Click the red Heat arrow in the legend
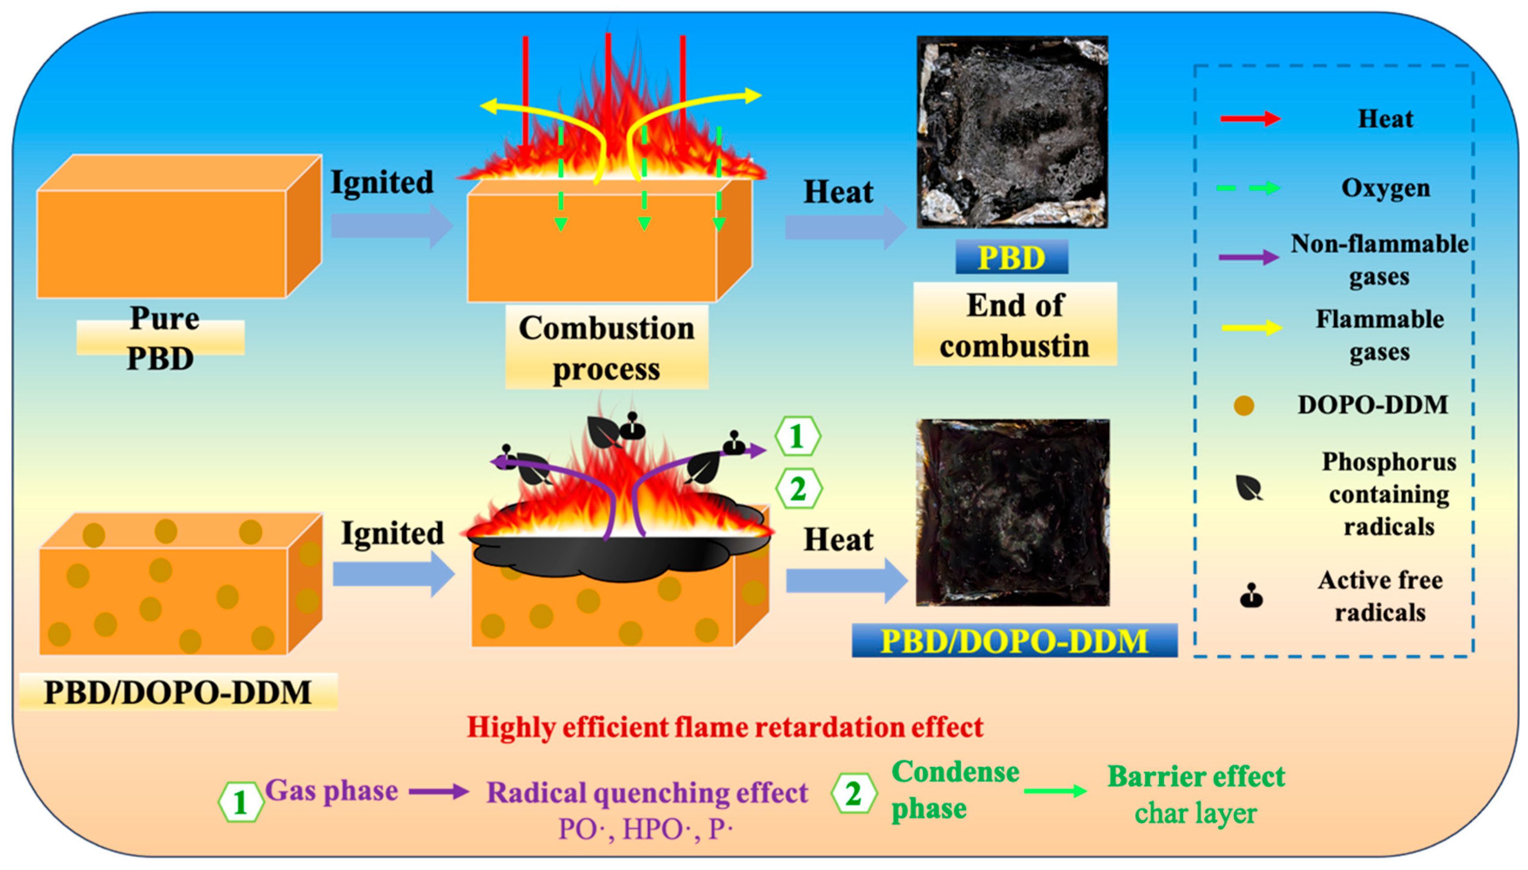1250,118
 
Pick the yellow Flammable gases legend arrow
1252,328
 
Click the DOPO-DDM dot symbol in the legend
1244,406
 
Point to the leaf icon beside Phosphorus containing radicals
1249,487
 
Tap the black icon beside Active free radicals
1251,596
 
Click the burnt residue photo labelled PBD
1012,132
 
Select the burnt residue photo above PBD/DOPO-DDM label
1013,512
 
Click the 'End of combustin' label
1015,325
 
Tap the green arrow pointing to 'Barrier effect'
1055,792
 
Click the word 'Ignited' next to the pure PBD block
383,182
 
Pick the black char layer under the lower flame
618,556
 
